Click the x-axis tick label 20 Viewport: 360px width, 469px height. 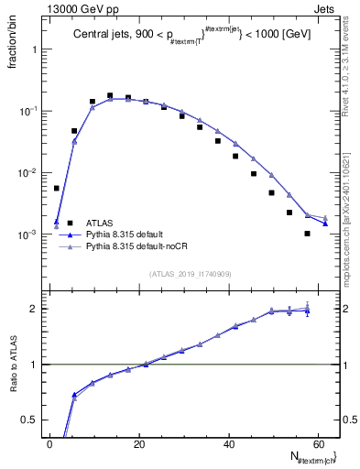coord(139,444)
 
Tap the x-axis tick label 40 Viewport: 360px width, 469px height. coord(229,444)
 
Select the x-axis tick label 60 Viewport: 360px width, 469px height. coord(318,444)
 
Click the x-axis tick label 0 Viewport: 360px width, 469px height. coord(50,444)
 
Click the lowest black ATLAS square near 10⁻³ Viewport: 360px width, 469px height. coord(307,234)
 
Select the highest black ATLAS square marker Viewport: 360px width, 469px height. coord(110,95)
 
